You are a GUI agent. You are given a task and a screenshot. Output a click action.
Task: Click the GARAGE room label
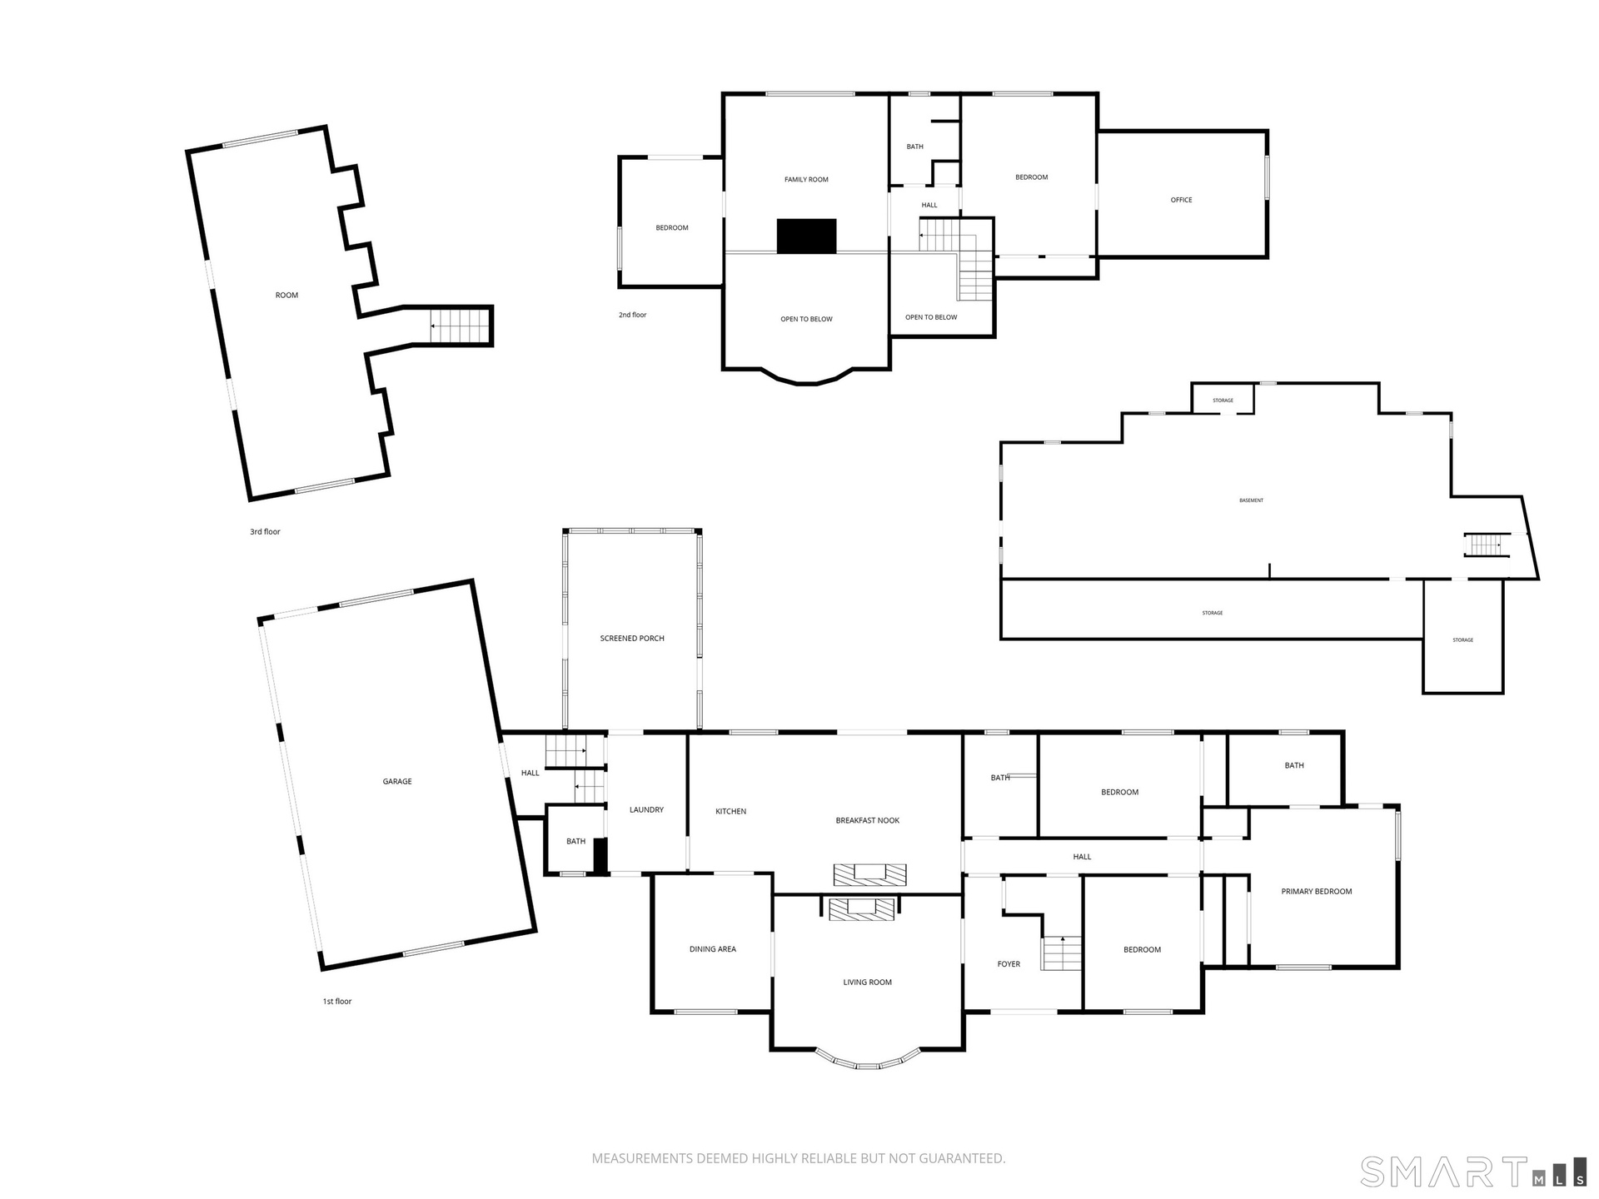pos(397,781)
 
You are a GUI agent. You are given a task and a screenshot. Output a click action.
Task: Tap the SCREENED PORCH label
pos(632,639)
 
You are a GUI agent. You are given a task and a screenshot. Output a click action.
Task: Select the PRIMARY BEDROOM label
pos(1317,892)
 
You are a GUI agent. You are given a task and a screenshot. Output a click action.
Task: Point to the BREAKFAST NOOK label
pos(868,820)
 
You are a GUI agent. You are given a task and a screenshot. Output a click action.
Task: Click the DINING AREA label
pos(713,949)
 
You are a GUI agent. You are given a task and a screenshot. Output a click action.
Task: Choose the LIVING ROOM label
pos(868,983)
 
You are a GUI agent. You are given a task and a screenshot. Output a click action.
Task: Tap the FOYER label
pos(1009,964)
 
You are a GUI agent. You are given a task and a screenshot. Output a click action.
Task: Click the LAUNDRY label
pos(646,809)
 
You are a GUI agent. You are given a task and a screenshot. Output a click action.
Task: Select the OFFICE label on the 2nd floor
pos(1182,200)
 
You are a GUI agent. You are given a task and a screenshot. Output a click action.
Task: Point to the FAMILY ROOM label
pos(806,180)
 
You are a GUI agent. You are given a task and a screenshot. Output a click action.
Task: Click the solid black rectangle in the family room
pos(806,236)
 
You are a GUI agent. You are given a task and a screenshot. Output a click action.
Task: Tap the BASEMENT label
pos(1252,500)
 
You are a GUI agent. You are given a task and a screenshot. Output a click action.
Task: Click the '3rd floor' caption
pos(266,531)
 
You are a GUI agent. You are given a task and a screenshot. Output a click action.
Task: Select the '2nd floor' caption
pos(632,315)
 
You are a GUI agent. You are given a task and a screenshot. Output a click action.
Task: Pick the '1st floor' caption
pos(337,1002)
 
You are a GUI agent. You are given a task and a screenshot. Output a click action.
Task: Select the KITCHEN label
pos(731,811)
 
